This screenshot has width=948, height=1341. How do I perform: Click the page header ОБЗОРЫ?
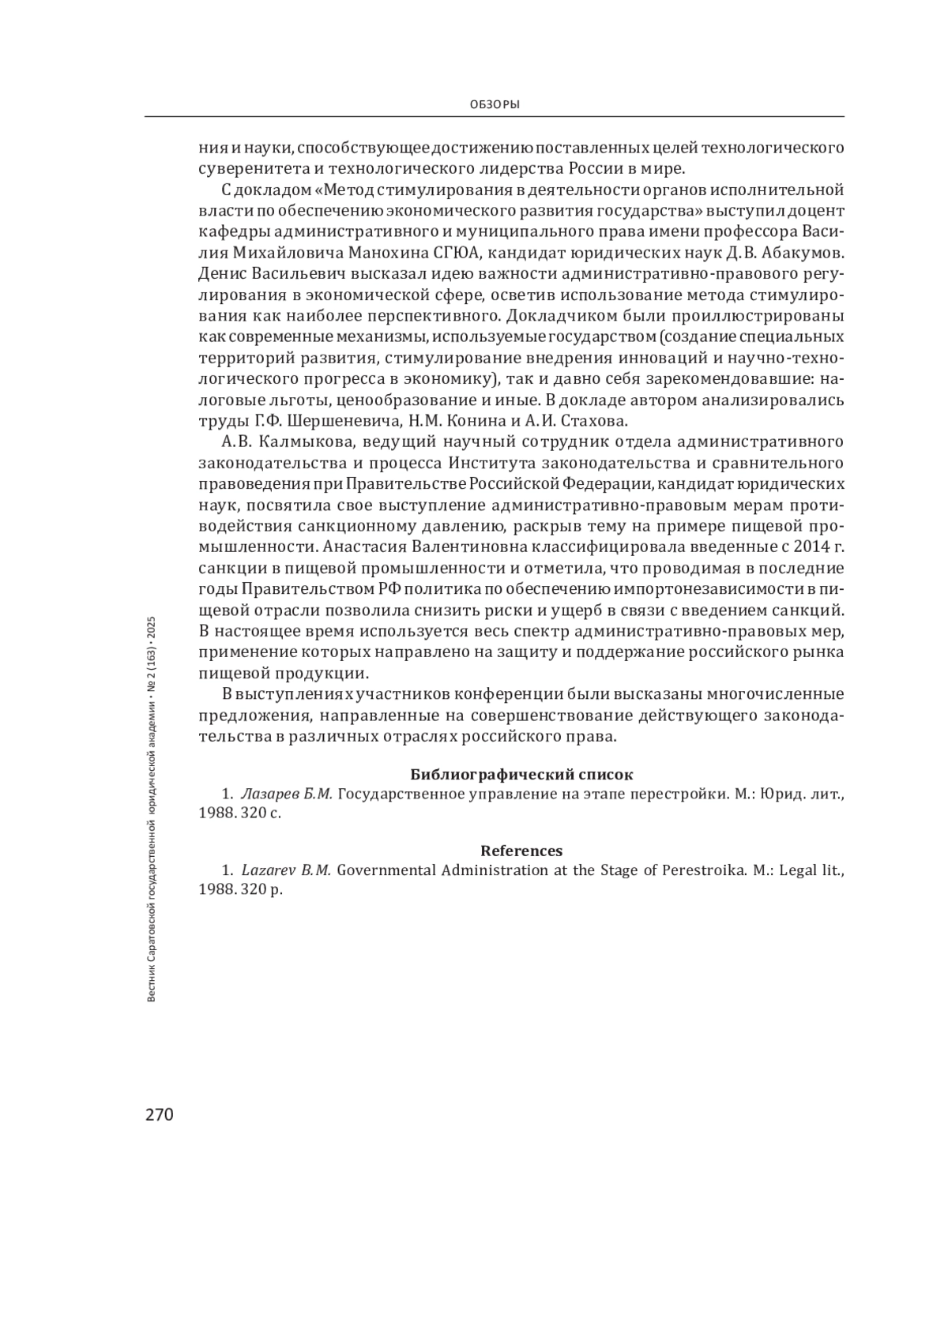(x=494, y=104)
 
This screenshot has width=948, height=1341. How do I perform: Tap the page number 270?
(x=159, y=1114)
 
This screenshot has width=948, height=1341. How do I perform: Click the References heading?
(x=521, y=851)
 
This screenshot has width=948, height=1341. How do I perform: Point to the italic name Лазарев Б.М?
(x=286, y=794)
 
